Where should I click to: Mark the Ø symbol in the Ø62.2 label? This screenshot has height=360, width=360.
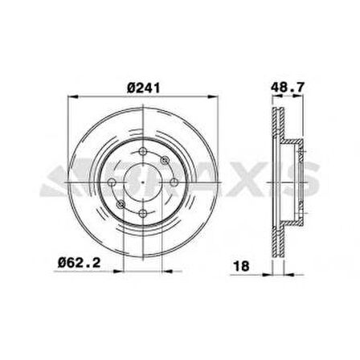63,260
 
